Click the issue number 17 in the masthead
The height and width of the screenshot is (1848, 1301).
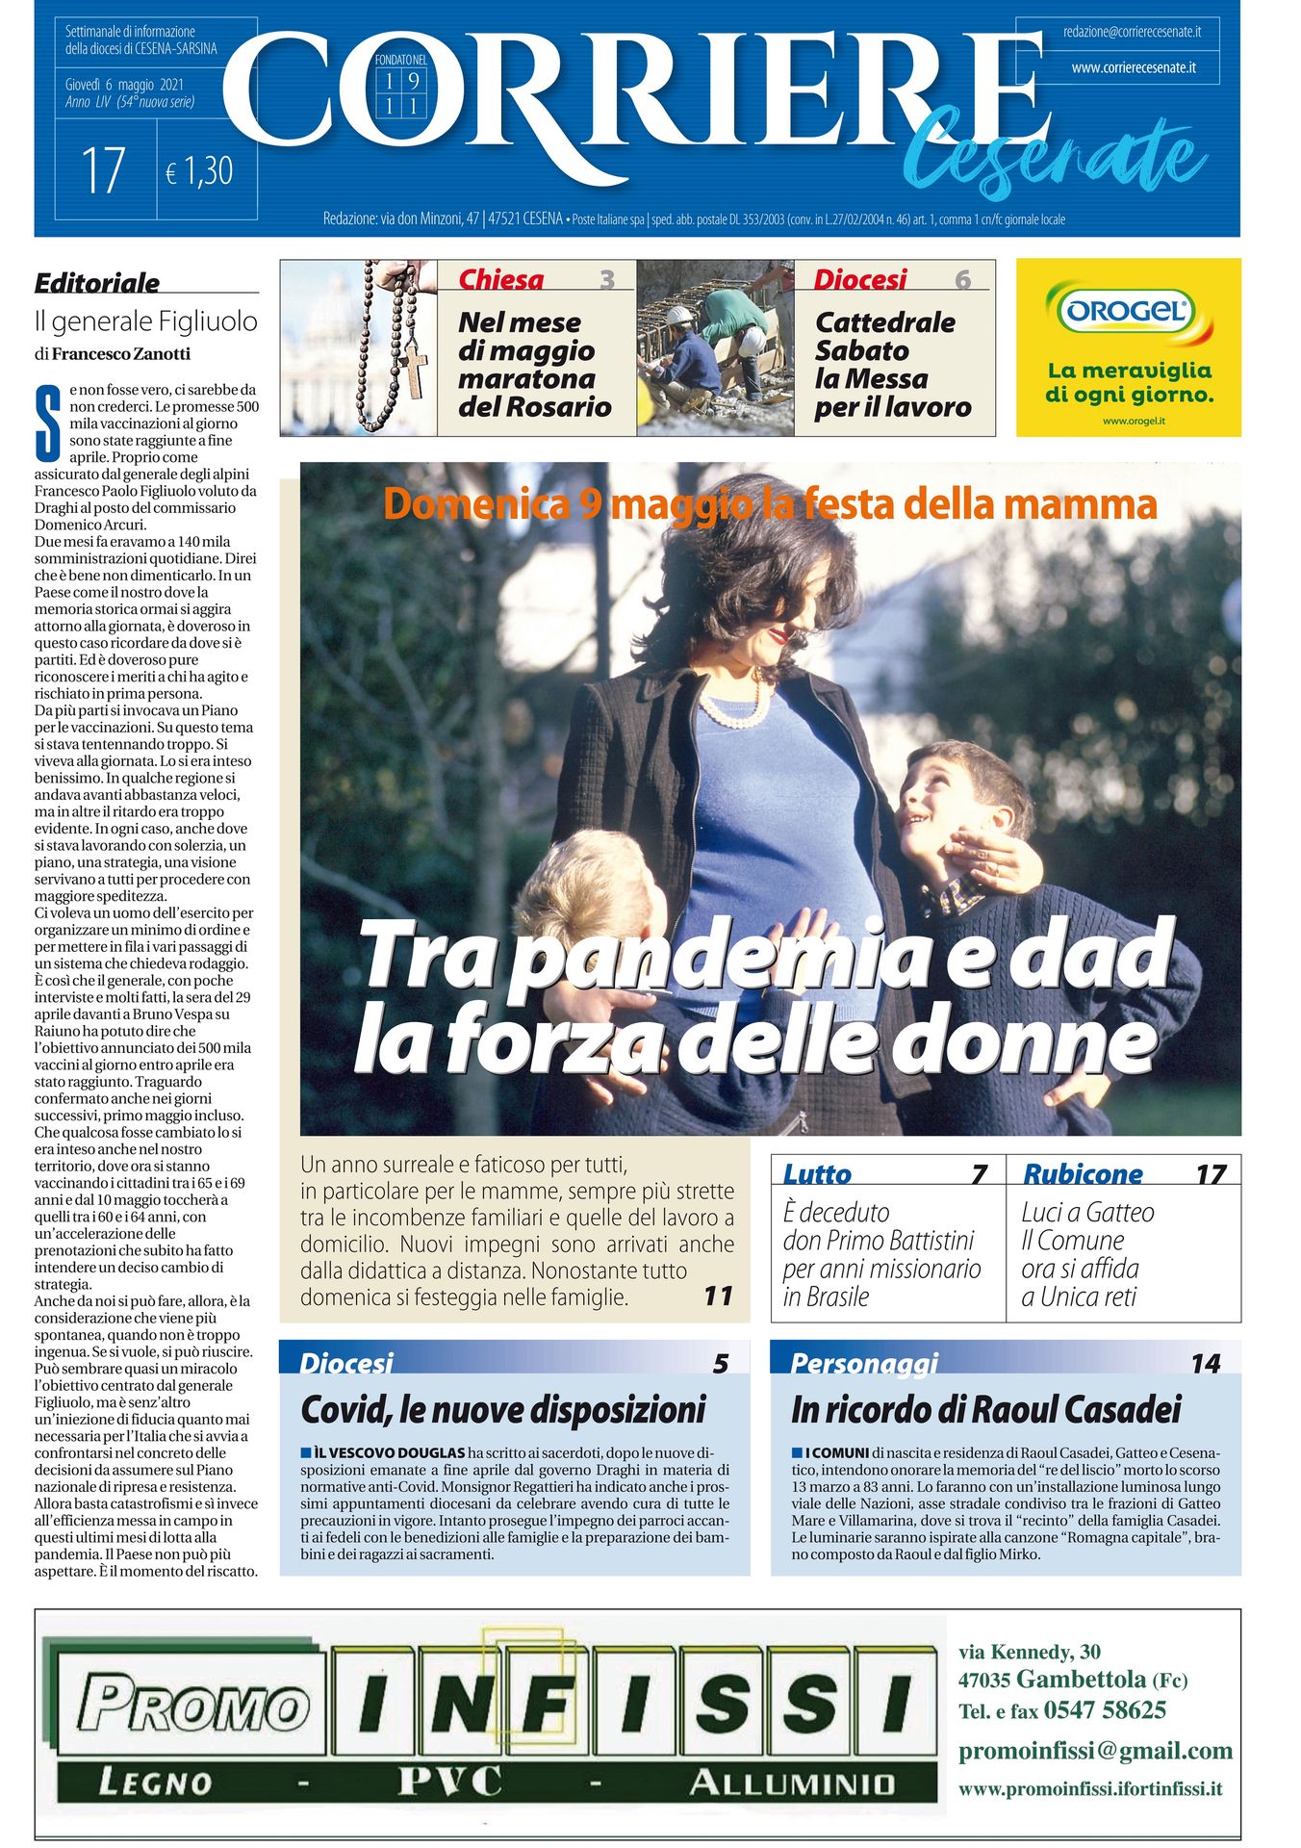[x=104, y=170]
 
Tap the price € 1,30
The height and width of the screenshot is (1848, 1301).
[x=199, y=171]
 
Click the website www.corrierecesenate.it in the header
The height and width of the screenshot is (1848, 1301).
[x=1134, y=68]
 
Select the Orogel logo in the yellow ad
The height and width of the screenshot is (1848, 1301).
[x=1127, y=311]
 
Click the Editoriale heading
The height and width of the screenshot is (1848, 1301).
[x=97, y=283]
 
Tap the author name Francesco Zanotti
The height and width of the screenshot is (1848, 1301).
[x=121, y=353]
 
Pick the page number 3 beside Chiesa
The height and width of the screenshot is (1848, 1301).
[x=606, y=279]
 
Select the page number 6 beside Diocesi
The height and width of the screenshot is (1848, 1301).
[x=962, y=279]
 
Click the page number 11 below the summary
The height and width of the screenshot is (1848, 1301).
[x=718, y=1296]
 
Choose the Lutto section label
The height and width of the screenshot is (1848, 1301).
[x=817, y=1174]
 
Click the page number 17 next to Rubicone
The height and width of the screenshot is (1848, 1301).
[x=1210, y=1174]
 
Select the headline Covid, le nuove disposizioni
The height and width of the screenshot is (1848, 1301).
[x=503, y=1410]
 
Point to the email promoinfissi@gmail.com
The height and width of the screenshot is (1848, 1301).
[x=1095, y=1750]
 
